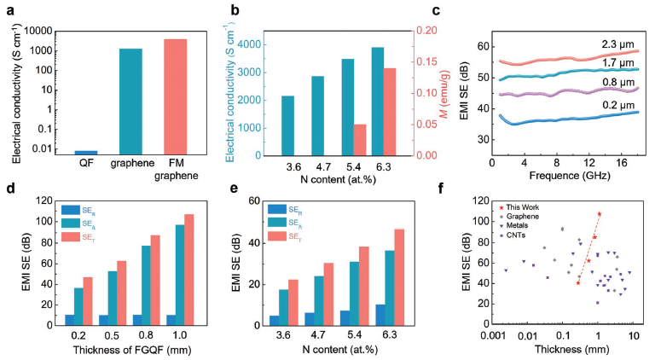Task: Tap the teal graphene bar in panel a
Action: coord(130,102)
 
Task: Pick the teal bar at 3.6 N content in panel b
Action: coord(288,125)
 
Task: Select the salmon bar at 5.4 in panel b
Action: coord(360,140)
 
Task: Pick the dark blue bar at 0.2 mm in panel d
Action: coord(70,320)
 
